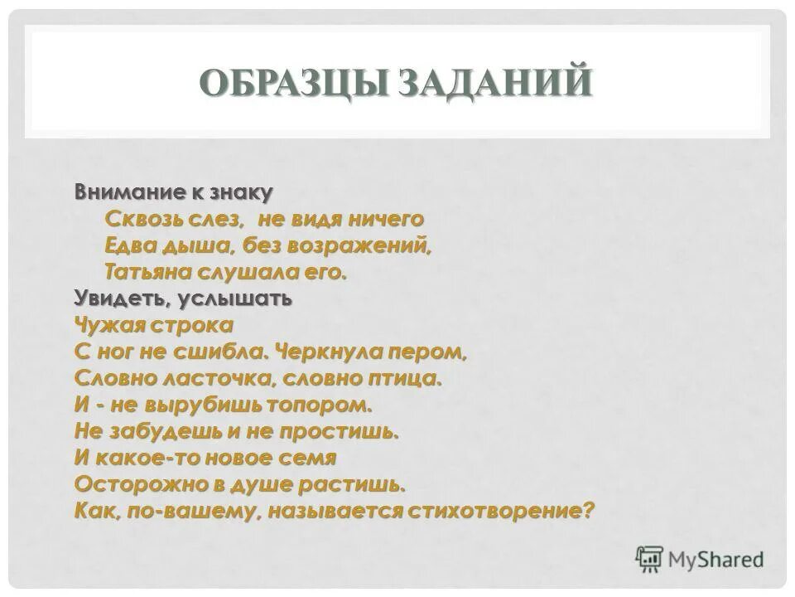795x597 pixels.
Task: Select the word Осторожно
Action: (x=131, y=484)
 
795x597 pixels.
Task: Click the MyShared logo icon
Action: (x=650, y=558)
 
